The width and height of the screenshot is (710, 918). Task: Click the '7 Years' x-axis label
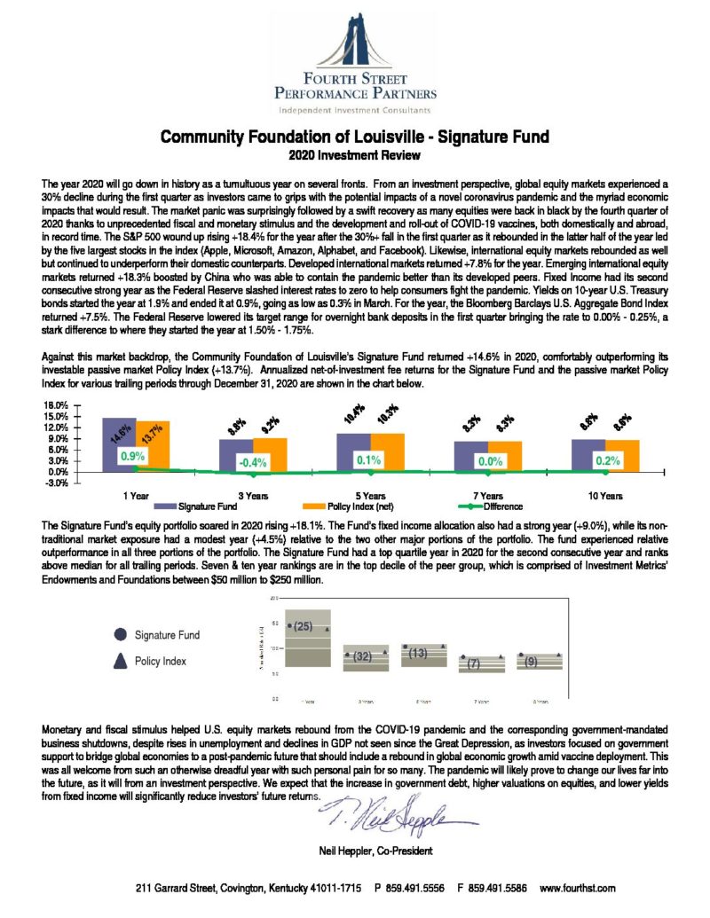(485, 496)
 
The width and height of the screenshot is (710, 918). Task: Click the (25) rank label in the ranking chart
(302, 626)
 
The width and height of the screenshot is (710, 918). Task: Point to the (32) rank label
(361, 657)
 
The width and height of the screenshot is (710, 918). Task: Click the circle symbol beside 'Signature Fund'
(120, 635)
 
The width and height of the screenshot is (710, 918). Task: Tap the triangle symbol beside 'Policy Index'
(120, 661)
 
